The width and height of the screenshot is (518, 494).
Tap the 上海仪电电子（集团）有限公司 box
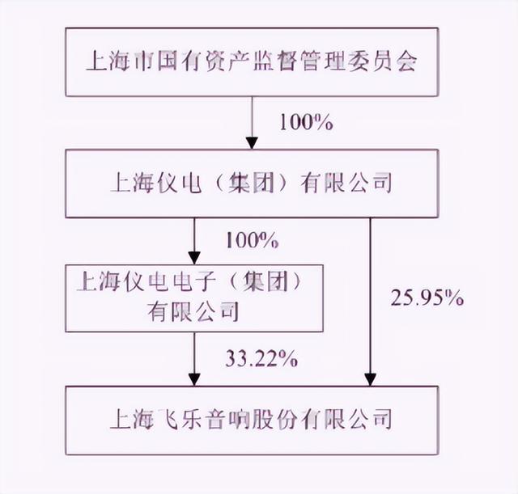click(194, 298)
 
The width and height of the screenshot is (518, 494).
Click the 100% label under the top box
click(305, 123)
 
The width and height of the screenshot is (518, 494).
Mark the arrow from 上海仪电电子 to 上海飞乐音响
click(195, 356)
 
